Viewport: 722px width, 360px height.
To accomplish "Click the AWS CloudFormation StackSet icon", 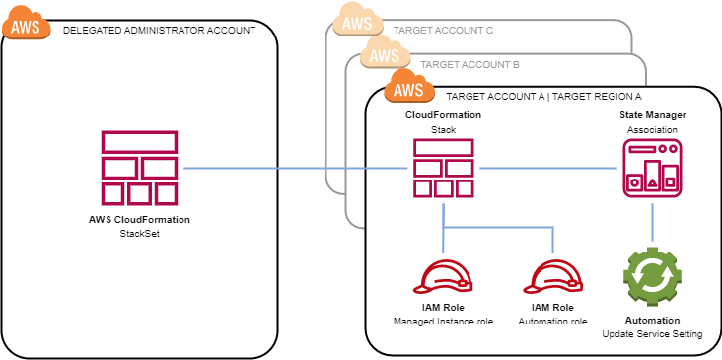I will tap(139, 168).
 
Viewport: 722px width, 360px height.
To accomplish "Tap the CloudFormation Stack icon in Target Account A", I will tap(443, 168).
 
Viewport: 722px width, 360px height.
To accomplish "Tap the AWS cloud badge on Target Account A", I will tap(409, 89).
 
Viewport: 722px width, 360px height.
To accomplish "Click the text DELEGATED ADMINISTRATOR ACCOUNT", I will tap(159, 31).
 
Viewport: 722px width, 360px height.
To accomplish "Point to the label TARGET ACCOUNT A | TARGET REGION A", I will tap(543, 97).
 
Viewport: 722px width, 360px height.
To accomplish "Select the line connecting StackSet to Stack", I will tap(296, 168).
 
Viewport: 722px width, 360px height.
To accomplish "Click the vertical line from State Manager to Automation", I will tap(652, 222).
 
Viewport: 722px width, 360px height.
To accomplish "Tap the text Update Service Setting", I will tap(652, 334).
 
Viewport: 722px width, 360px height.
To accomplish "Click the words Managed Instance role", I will tap(443, 322).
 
